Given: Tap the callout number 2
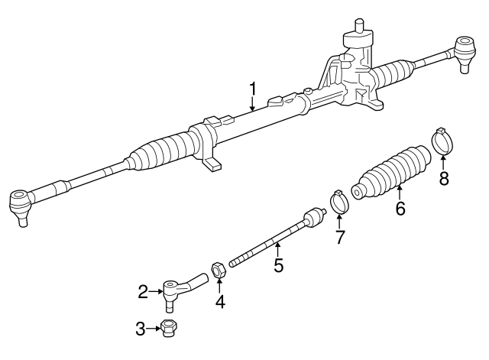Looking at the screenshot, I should (143, 290).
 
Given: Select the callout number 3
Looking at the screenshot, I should (141, 329).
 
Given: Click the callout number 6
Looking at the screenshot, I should (400, 207).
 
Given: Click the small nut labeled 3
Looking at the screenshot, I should (170, 329).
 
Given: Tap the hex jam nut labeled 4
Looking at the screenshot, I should (217, 271).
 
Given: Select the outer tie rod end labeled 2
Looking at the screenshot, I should (177, 288).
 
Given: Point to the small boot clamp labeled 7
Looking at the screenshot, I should (338, 203).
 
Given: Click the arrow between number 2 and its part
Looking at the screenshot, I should (154, 290).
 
